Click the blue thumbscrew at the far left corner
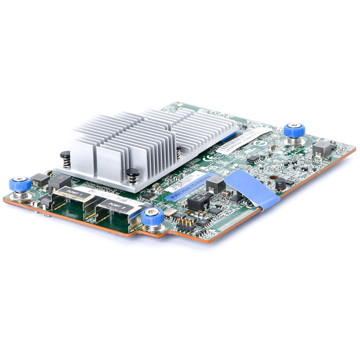(20, 183)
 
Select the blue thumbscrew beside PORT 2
(152, 215)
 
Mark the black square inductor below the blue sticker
(197, 203)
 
